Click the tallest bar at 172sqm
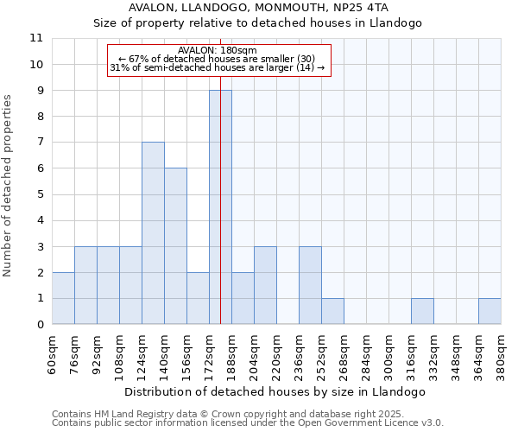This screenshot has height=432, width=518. pyautogui.click(x=220, y=207)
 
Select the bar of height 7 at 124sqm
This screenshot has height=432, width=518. pyautogui.click(x=153, y=233)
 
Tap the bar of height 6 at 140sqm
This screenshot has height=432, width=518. pyautogui.click(x=175, y=246)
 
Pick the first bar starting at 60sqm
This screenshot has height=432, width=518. pyautogui.click(x=63, y=298)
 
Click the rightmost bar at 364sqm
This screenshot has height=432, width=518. pyautogui.click(x=490, y=311)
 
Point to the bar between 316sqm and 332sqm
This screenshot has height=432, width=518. pyautogui.click(x=422, y=311)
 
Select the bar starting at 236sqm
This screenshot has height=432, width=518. pyautogui.click(x=310, y=285)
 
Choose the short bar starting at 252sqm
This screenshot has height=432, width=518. pyautogui.click(x=332, y=311)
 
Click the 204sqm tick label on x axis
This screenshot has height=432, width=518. pyautogui.click(x=254, y=353)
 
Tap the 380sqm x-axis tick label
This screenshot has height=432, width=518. pyautogui.click(x=501, y=353)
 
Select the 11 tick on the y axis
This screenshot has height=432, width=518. pyautogui.click(x=36, y=38)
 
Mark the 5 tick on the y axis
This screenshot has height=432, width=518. pyautogui.click(x=40, y=194)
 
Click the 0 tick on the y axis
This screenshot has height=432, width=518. pyautogui.click(x=40, y=325)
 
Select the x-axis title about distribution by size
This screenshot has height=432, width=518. pyautogui.click(x=275, y=391)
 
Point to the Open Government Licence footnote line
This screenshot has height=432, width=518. pyautogui.click(x=248, y=423)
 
